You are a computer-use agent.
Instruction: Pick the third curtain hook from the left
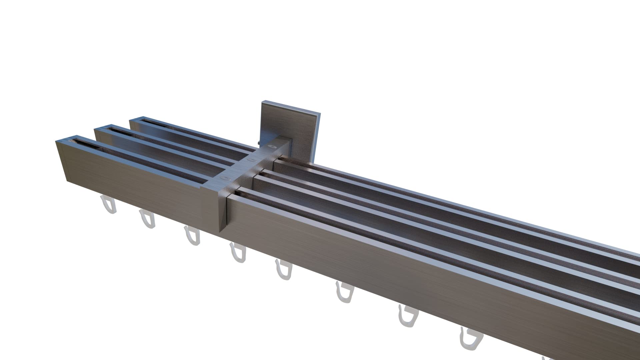click(192, 236)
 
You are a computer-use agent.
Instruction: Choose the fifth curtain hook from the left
click(284, 270)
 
